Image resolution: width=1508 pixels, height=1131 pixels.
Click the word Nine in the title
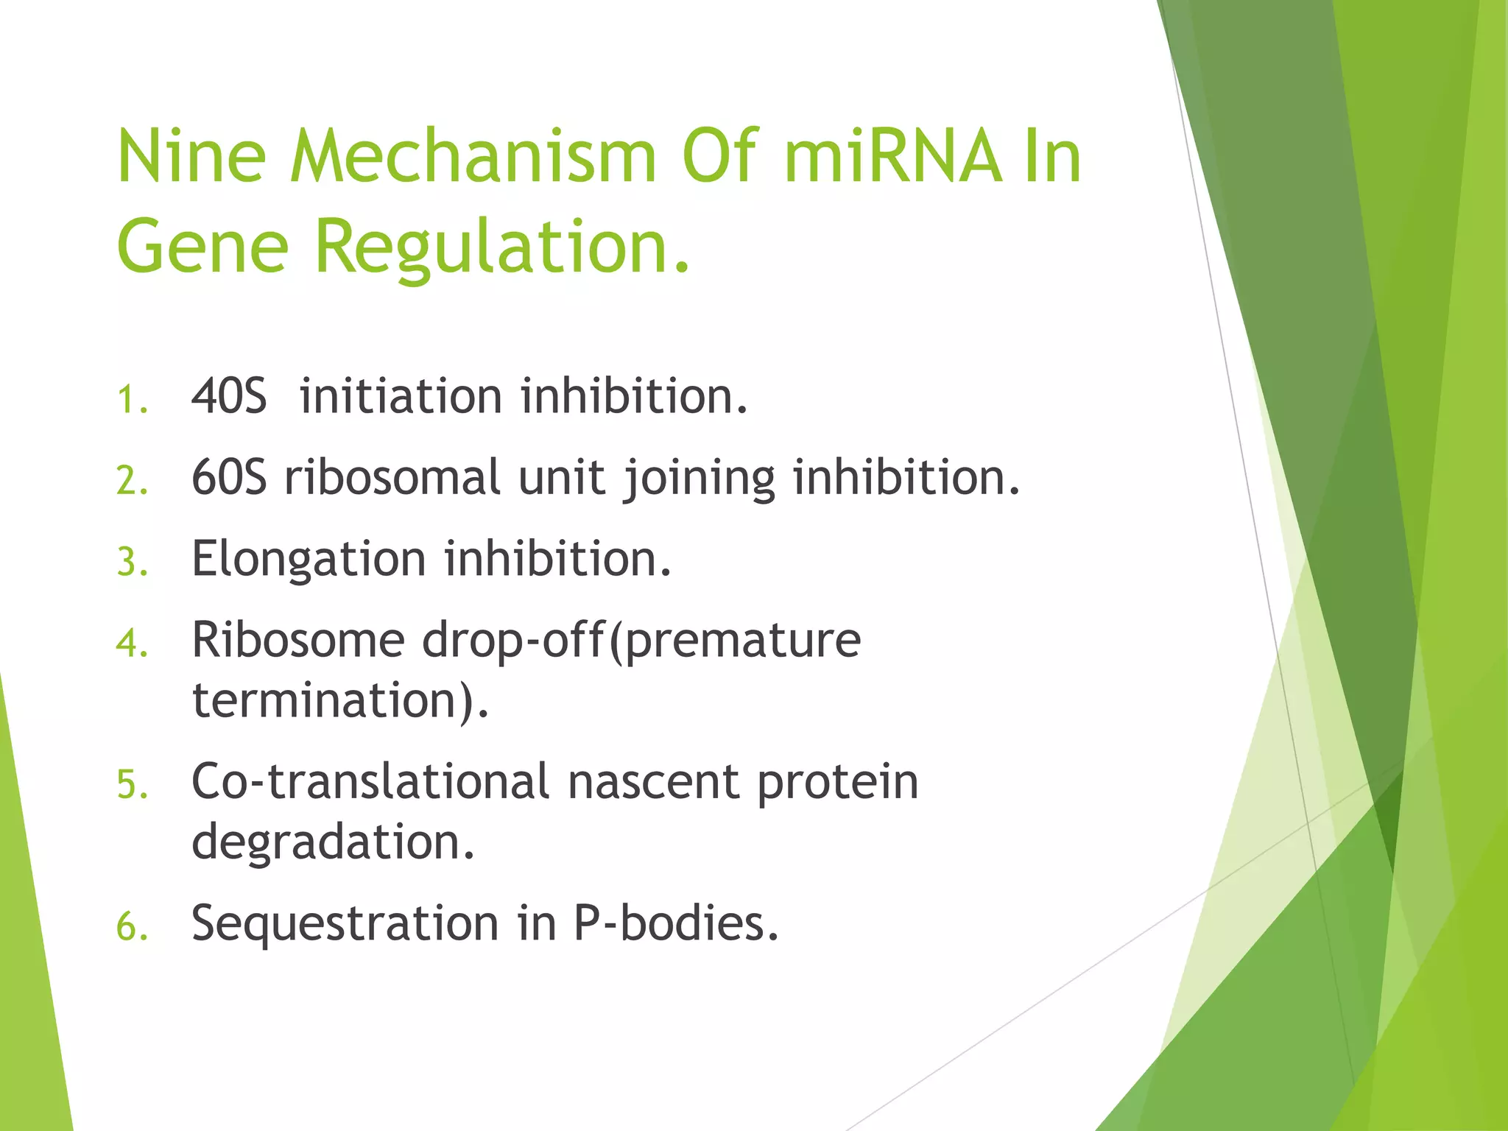click(x=191, y=156)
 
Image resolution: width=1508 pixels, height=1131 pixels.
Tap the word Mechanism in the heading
click(x=473, y=156)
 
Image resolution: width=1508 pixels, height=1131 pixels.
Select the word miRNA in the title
click(x=892, y=156)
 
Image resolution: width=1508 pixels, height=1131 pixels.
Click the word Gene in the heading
click(x=202, y=246)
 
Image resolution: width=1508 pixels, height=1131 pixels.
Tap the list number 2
click(x=132, y=482)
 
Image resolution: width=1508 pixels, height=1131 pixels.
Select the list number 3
click(x=132, y=563)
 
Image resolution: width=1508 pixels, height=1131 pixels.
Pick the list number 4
click(x=132, y=644)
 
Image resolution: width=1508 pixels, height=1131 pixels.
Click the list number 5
click(x=132, y=786)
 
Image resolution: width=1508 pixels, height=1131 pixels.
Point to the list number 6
click(x=132, y=927)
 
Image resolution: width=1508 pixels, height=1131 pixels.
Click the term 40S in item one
click(x=229, y=397)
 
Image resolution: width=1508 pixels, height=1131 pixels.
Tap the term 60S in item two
click(x=229, y=478)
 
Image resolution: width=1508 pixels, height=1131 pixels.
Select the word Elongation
click(x=309, y=560)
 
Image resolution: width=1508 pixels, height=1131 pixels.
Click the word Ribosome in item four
click(x=298, y=640)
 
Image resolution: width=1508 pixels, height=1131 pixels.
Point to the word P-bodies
click(x=675, y=923)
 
